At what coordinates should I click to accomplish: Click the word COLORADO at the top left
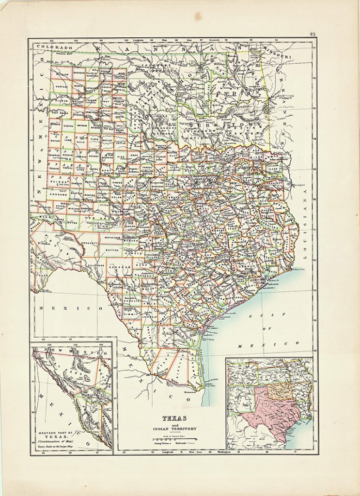[x=53, y=48]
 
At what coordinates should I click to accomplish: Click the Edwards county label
[x=120, y=267]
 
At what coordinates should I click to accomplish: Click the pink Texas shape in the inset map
[x=269, y=412]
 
